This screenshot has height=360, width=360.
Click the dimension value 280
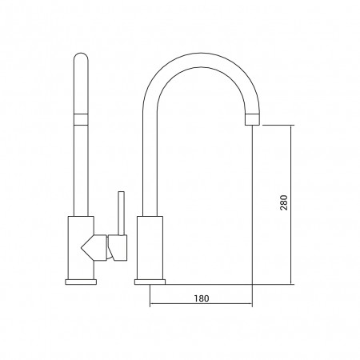[x=284, y=202]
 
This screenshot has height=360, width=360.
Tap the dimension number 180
[x=202, y=298]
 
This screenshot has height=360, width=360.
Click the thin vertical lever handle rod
[x=122, y=214]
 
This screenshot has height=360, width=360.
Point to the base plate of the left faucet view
[x=81, y=282]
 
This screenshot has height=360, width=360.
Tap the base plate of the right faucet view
[x=150, y=282]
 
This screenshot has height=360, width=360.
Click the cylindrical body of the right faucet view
[x=150, y=248]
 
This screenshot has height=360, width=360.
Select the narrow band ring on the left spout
[x=81, y=119]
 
